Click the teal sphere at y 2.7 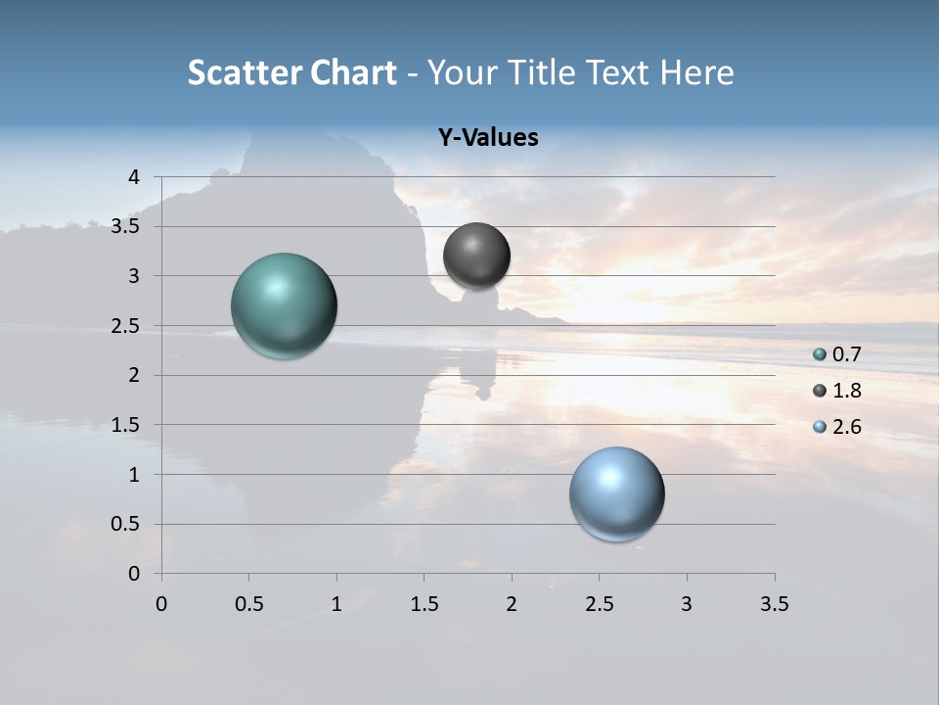click(285, 305)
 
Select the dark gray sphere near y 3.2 click(476, 256)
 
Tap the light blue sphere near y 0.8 click(616, 493)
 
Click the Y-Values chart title click(487, 138)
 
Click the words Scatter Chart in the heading click(291, 72)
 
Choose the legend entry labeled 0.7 click(846, 354)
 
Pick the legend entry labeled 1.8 click(846, 391)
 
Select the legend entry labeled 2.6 click(846, 427)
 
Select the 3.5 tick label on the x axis click(774, 604)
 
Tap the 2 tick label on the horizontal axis click(512, 604)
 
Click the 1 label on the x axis click(336, 604)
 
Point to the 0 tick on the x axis click(161, 604)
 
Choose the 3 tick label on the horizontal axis click(687, 604)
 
